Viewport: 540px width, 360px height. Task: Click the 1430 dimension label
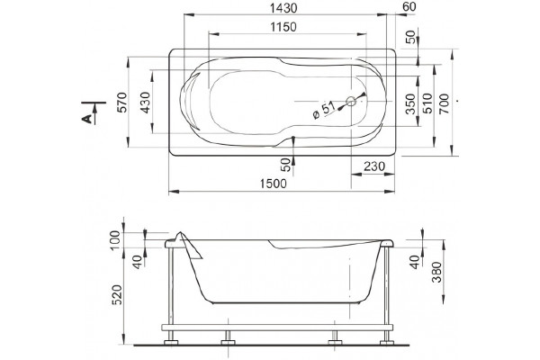pyautogui.click(x=283, y=8)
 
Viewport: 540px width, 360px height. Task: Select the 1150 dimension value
pyautogui.click(x=283, y=27)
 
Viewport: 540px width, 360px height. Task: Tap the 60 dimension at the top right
pyautogui.click(x=409, y=7)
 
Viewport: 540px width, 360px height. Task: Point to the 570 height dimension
pyautogui.click(x=122, y=103)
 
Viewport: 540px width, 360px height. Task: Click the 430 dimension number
pyautogui.click(x=145, y=103)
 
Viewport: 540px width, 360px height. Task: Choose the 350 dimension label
pyautogui.click(x=411, y=103)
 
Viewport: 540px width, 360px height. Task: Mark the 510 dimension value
pyautogui.click(x=427, y=103)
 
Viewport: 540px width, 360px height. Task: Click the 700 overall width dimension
pyautogui.click(x=445, y=103)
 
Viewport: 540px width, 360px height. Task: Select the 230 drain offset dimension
pyautogui.click(x=374, y=166)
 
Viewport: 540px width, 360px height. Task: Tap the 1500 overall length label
pyautogui.click(x=273, y=184)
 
